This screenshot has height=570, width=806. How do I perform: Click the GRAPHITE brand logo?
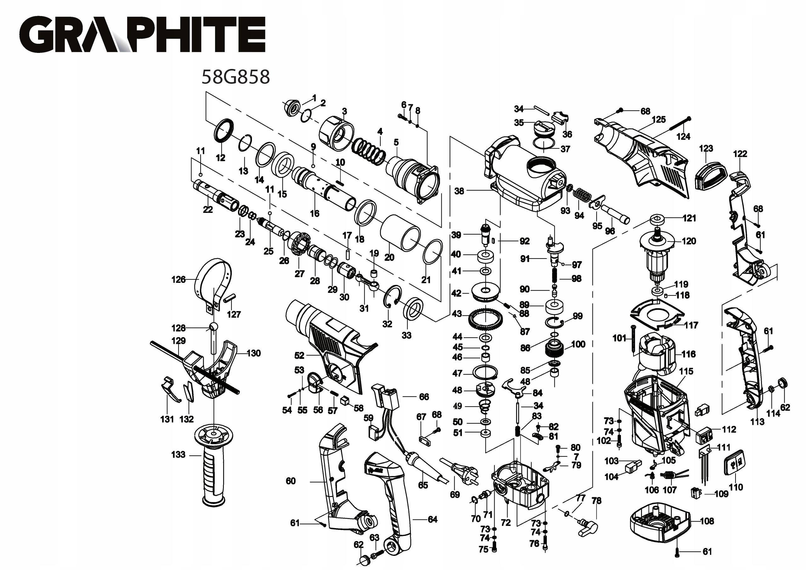(142, 34)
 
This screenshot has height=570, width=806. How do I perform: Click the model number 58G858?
(236, 77)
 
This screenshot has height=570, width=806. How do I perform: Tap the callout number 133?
(178, 454)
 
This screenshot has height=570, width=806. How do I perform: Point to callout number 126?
(178, 280)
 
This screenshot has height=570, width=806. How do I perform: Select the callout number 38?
(459, 191)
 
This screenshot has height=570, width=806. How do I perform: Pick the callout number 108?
(707, 521)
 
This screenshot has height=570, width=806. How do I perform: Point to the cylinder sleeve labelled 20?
(400, 232)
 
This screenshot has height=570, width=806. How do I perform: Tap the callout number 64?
(433, 519)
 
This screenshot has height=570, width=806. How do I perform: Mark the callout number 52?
(299, 356)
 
